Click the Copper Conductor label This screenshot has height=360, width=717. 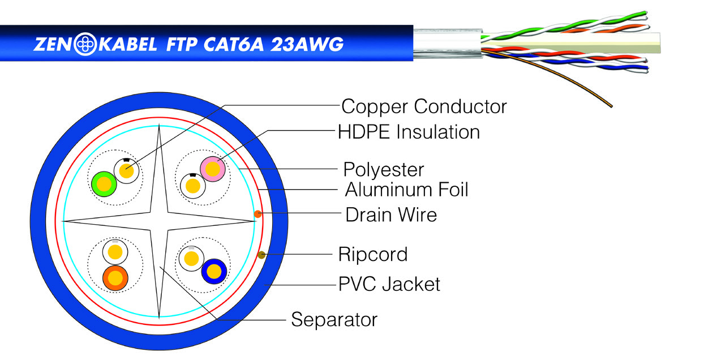pyautogui.click(x=424, y=106)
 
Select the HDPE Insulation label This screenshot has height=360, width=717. pyautogui.click(x=409, y=132)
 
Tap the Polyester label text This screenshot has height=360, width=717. pyautogui.click(x=384, y=169)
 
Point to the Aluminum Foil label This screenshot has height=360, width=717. pyautogui.click(x=407, y=189)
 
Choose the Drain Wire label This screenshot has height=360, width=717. pyautogui.click(x=391, y=215)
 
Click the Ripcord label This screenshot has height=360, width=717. pyautogui.click(x=372, y=254)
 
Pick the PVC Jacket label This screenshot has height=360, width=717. pyautogui.click(x=389, y=284)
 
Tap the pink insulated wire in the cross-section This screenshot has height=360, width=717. pyautogui.click(x=213, y=168)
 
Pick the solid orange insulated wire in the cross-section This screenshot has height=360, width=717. pyautogui.click(x=115, y=278)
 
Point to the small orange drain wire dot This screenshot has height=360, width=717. pyautogui.click(x=257, y=213)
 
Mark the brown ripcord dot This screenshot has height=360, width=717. pyautogui.click(x=261, y=255)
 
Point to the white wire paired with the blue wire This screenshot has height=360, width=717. pyautogui.click(x=191, y=259)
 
